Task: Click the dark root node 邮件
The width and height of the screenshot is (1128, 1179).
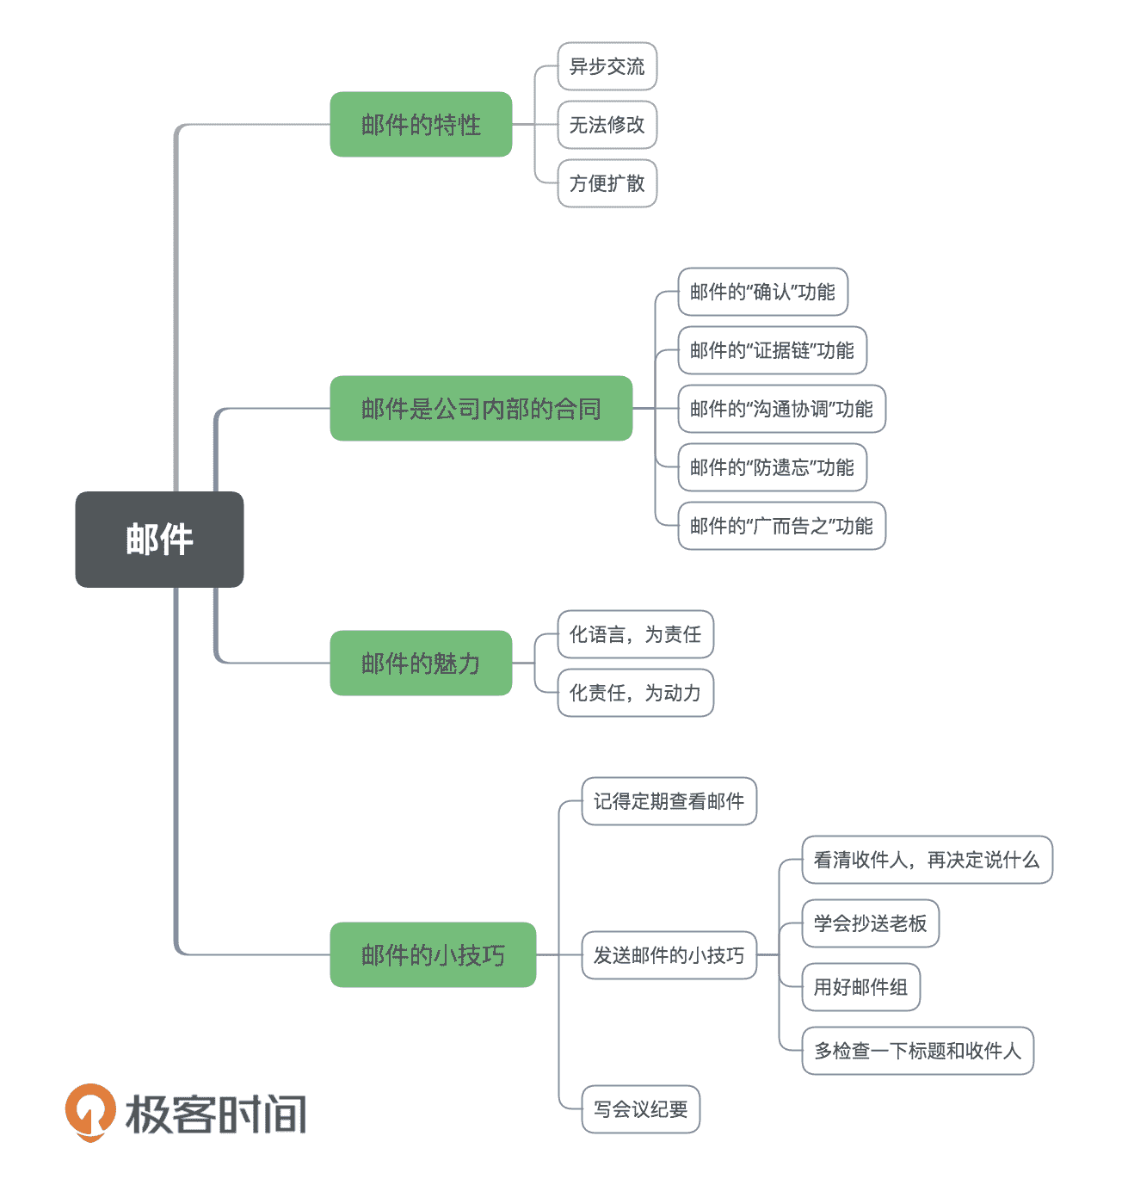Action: (x=159, y=540)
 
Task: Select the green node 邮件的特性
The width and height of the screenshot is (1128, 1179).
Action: (x=421, y=125)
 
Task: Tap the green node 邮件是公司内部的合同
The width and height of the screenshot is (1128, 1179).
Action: (x=481, y=409)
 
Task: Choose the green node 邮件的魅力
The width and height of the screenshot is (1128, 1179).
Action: (x=421, y=664)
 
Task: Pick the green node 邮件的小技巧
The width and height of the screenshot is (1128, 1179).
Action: (x=433, y=955)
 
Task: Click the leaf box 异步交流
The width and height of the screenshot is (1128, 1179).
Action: (x=607, y=66)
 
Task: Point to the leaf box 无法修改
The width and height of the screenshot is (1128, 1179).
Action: (x=607, y=125)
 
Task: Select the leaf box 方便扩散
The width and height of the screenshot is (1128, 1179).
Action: (x=607, y=183)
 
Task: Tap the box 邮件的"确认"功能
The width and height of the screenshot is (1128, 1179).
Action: (x=762, y=292)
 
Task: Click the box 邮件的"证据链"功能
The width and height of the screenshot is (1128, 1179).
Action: (x=772, y=350)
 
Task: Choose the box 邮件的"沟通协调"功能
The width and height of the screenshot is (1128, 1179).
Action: (x=781, y=409)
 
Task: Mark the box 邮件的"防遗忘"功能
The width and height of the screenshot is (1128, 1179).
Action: (x=772, y=467)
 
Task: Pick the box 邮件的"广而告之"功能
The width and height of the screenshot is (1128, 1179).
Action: (x=781, y=526)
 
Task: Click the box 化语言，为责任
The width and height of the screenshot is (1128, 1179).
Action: (x=635, y=634)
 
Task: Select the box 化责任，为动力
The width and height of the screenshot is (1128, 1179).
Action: (x=635, y=693)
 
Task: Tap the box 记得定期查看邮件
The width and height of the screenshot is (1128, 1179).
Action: (x=669, y=801)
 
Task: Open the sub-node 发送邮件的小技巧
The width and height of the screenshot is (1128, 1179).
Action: (x=669, y=955)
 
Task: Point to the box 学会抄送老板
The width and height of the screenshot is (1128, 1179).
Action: (x=870, y=923)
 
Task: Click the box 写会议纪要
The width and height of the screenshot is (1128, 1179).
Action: (x=640, y=1109)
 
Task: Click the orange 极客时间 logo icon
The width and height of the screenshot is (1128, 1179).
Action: (x=90, y=1112)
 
